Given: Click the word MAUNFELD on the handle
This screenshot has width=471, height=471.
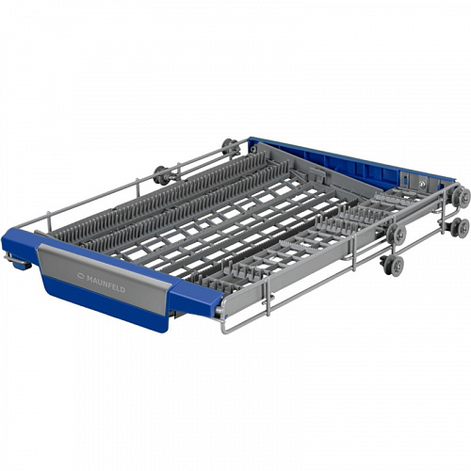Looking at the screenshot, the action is (106, 284).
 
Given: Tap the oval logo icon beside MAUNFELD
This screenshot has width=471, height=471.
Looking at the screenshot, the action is (81, 276).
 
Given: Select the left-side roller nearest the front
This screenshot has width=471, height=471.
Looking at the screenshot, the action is (160, 174).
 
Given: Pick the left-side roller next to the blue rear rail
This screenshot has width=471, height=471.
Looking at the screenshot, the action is (229, 146).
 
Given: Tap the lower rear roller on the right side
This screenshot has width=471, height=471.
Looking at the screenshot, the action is (461, 227).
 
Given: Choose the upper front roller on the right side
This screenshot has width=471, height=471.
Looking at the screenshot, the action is (397, 234).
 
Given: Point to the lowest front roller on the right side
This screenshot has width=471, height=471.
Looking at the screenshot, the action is (395, 265).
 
